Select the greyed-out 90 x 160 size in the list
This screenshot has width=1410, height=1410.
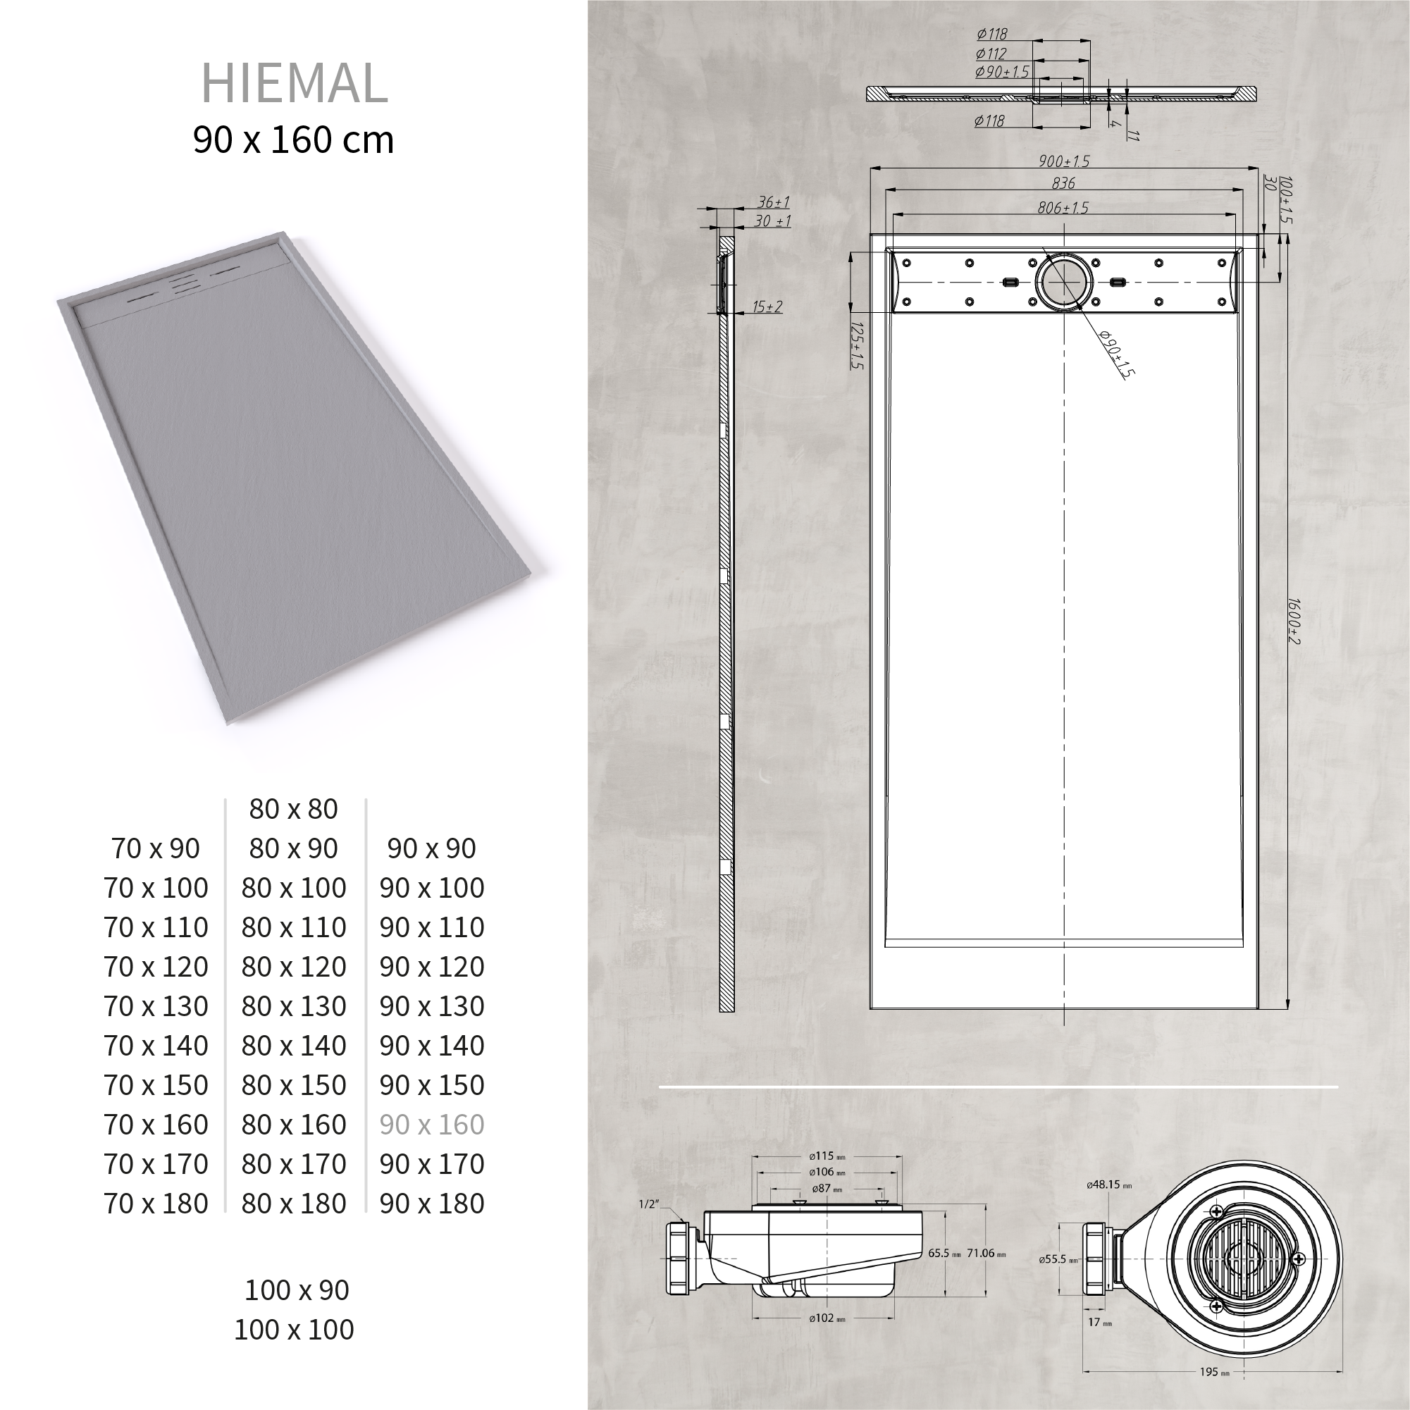431,1125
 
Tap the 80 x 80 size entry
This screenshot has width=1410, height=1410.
293,809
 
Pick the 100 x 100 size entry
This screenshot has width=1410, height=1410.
293,1330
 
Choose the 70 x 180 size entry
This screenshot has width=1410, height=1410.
156,1204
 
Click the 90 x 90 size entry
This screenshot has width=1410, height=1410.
431,848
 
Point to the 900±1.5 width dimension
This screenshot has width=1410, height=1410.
1064,161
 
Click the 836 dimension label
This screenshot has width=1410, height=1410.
1063,184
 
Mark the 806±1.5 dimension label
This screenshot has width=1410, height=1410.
1063,208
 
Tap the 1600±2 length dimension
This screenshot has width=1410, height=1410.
1293,621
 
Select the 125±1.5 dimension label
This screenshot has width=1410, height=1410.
857,346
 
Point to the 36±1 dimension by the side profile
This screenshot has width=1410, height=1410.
773,202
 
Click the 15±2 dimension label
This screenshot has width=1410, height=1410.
767,307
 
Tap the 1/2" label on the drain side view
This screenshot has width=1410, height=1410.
648,1204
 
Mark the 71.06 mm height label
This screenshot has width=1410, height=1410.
986,1253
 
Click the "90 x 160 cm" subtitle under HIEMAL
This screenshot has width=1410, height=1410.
293,140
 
